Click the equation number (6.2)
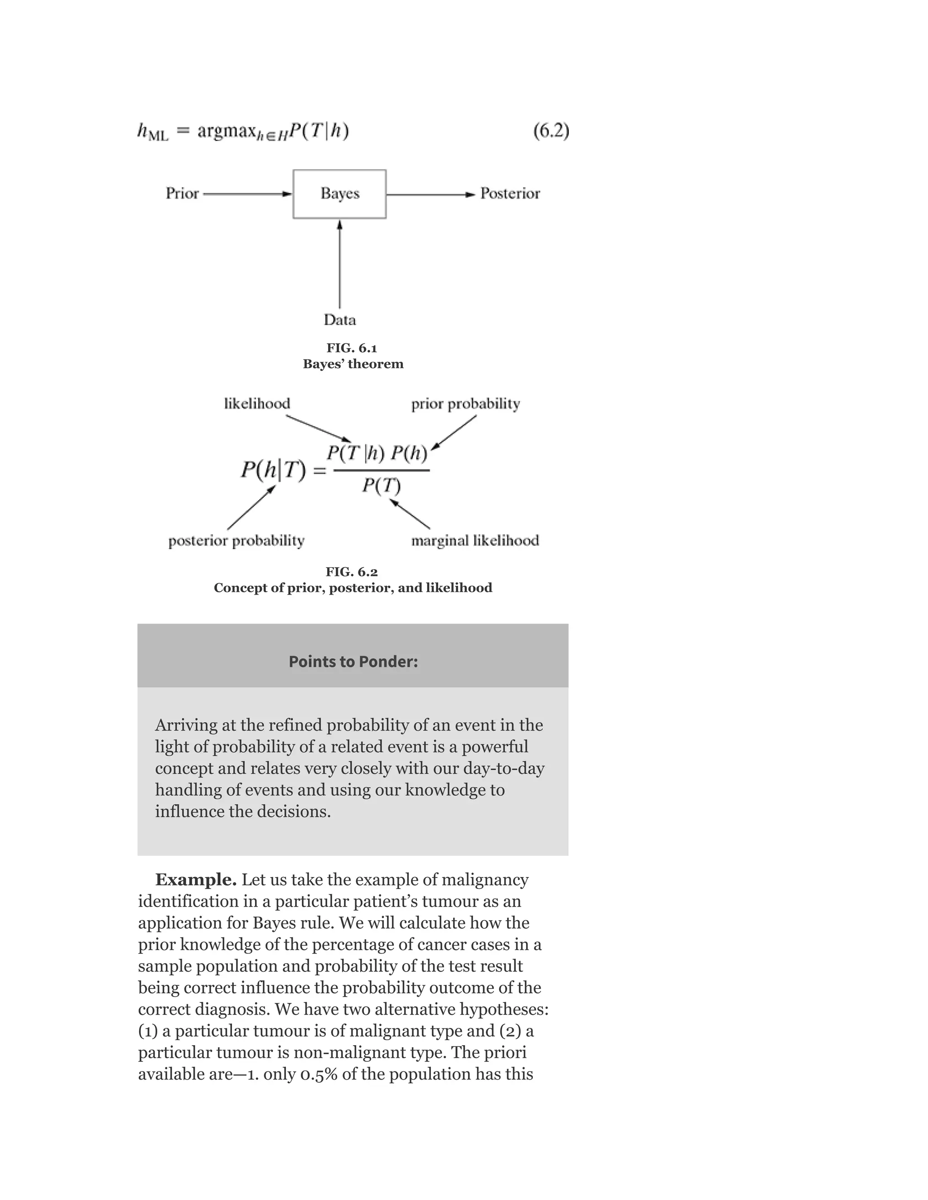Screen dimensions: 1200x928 click(x=551, y=131)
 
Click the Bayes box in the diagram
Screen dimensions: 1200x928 click(x=339, y=194)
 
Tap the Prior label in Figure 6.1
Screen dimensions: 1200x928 click(x=182, y=193)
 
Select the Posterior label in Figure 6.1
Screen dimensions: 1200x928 click(x=510, y=193)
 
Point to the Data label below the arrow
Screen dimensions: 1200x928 click(x=339, y=320)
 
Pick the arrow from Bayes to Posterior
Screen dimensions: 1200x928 click(x=430, y=194)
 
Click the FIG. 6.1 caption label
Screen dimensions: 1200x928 click(x=352, y=348)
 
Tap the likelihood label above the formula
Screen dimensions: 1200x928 click(x=257, y=404)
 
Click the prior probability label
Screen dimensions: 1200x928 click(x=465, y=404)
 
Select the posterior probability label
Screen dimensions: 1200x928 click(x=237, y=541)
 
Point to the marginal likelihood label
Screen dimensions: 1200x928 click(x=475, y=541)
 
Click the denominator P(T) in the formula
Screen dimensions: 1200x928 click(x=381, y=485)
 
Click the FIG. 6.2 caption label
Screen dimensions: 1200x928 click(x=352, y=572)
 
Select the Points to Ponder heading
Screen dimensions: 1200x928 click(x=353, y=662)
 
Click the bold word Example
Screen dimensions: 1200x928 click(x=196, y=880)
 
